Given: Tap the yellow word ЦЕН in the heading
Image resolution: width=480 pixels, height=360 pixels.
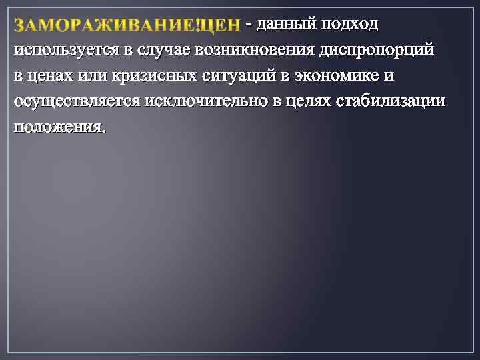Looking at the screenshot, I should point(220,26).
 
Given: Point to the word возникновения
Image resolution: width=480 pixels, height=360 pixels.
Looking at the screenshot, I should point(254,51).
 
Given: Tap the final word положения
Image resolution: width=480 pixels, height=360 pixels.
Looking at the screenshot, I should point(59,127).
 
